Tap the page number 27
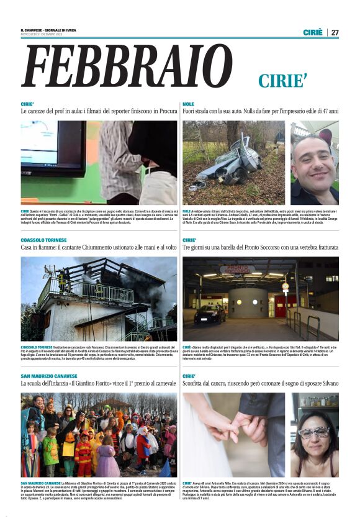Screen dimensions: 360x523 point(335,32)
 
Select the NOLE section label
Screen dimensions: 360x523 point(189,104)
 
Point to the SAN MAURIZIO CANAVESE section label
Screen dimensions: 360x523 point(49,376)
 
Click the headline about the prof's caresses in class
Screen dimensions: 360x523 point(99,111)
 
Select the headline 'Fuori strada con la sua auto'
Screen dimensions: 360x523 point(261,111)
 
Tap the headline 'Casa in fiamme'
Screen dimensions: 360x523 point(99,247)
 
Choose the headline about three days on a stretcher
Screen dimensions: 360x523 point(261,247)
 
